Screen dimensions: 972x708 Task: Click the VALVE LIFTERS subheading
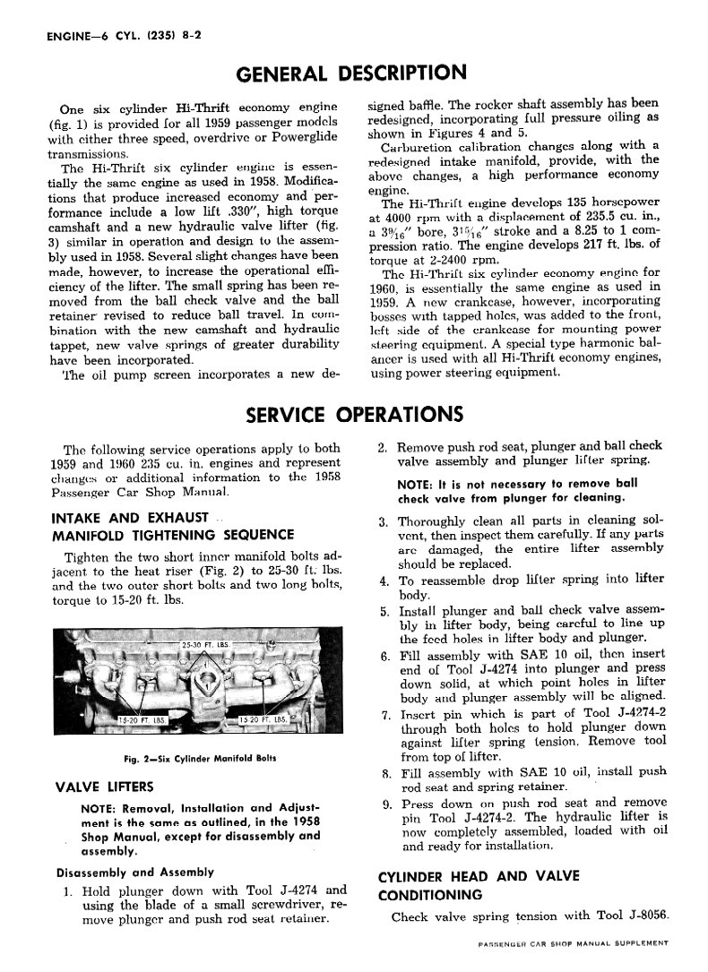tap(105, 787)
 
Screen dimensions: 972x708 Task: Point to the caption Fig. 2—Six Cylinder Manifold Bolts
tap(200, 758)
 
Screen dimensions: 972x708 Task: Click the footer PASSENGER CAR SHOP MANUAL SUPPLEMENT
tap(574, 943)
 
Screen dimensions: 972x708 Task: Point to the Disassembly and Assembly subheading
tap(134, 872)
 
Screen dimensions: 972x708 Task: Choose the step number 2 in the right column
tap(383, 446)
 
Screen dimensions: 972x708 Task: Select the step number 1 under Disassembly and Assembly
tap(68, 891)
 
